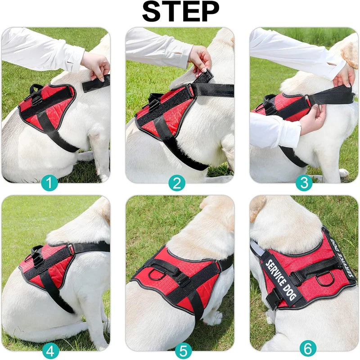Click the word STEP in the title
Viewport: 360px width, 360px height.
click(x=180, y=12)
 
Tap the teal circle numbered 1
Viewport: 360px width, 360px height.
click(x=50, y=183)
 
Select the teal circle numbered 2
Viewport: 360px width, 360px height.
click(x=177, y=183)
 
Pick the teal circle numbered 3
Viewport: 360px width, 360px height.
click(x=304, y=183)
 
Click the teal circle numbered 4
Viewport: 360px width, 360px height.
click(x=50, y=350)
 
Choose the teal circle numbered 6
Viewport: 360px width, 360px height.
click(x=308, y=348)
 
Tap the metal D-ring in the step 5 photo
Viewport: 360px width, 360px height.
click(x=157, y=274)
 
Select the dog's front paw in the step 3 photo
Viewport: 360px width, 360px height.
click(x=343, y=173)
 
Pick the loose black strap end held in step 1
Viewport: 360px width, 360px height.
click(x=95, y=84)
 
